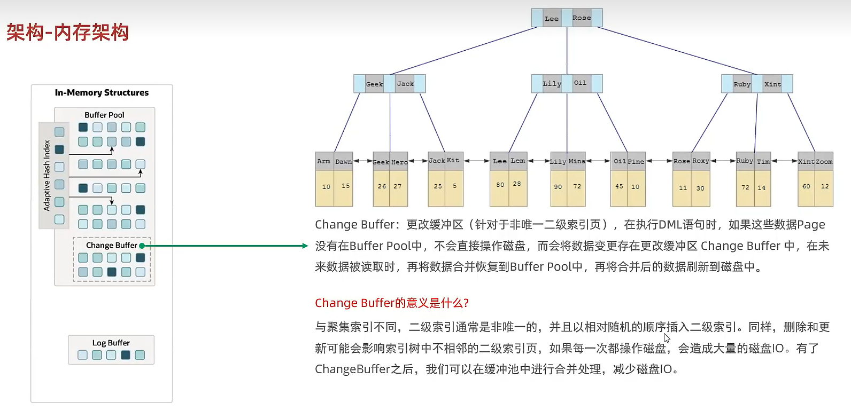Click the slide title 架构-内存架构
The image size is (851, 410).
[68, 33]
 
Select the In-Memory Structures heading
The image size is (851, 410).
[102, 92]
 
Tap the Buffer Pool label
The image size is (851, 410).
[104, 115]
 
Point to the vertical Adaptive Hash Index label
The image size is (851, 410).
[47, 175]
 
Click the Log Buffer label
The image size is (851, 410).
[111, 343]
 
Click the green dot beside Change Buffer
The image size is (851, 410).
[142, 246]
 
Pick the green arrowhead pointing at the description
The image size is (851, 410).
[305, 246]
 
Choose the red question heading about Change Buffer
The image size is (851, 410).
[391, 303]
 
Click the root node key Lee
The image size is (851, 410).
[551, 19]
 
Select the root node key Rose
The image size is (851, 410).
[582, 18]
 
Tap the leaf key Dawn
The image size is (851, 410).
[343, 161]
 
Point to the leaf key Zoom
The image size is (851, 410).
[824, 161]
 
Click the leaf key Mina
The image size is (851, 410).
[577, 161]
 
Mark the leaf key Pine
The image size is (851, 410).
[636, 161]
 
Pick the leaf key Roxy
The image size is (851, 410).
[701, 161]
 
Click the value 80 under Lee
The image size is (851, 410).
[500, 185]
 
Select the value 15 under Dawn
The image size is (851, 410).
[345, 186]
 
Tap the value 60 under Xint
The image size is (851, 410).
[806, 186]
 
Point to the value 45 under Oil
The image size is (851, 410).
[619, 186]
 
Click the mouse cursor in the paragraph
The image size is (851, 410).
[667, 338]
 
